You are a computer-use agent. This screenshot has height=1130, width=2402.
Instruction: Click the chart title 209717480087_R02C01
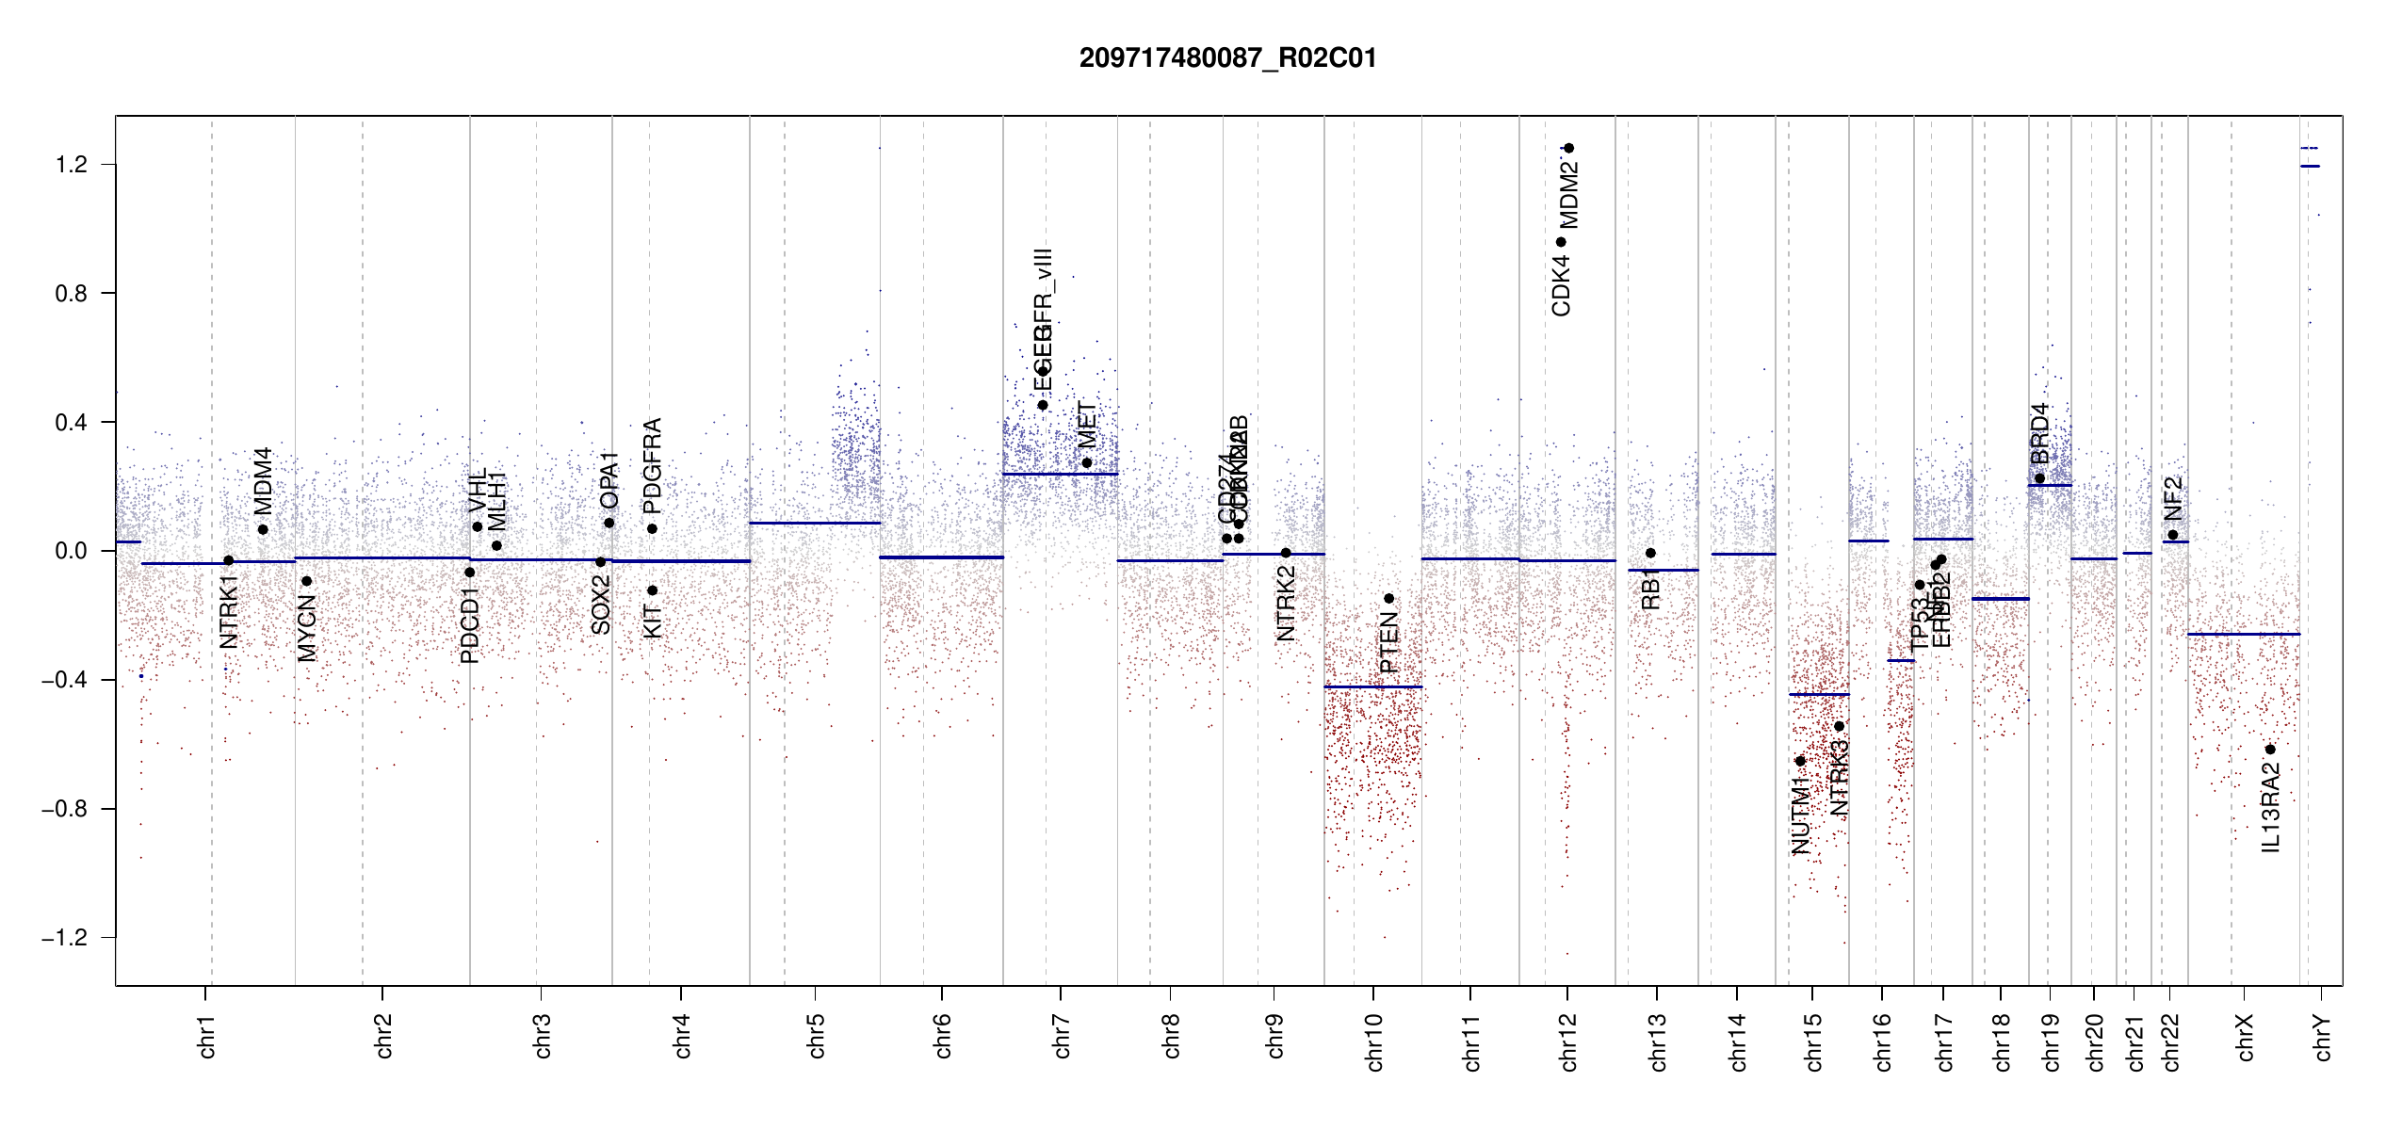[1227, 58]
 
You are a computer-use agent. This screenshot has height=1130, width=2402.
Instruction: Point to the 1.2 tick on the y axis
[71, 165]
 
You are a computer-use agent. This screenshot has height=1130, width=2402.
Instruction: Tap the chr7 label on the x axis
[1062, 1036]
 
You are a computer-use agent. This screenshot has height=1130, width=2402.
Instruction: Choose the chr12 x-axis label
[1568, 1041]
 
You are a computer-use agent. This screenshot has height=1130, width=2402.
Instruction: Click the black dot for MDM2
[1569, 148]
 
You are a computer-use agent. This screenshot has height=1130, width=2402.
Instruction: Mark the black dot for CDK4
[1561, 242]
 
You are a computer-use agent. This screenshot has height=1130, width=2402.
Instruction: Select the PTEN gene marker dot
[1388, 599]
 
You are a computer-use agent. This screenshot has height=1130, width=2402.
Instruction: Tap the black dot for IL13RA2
[2270, 750]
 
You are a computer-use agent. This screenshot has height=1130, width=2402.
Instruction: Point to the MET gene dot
[1087, 462]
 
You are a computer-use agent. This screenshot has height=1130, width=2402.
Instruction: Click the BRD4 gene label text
[2039, 434]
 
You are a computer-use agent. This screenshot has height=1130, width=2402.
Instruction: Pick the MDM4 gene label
[263, 480]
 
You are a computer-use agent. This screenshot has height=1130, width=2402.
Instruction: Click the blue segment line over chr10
[1372, 687]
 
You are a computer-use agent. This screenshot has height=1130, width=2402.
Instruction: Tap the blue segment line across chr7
[1060, 474]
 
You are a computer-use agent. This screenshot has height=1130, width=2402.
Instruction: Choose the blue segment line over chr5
[815, 523]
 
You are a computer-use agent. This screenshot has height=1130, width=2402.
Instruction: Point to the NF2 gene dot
[2173, 535]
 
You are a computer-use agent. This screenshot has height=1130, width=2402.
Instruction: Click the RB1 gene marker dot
[1650, 553]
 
